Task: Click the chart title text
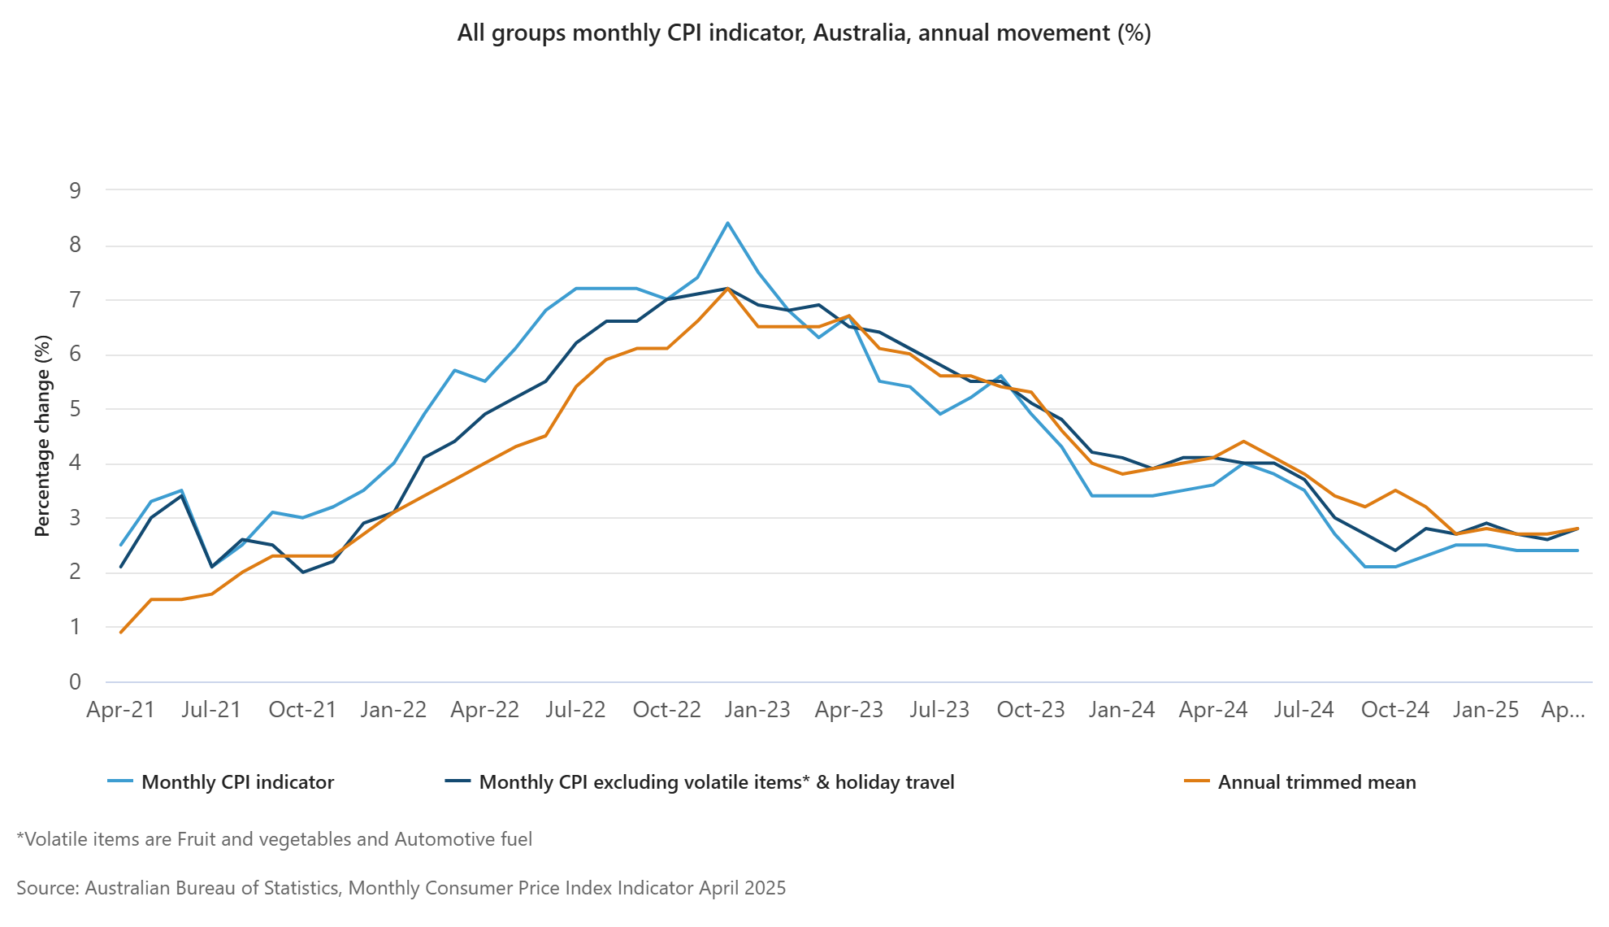pos(804,33)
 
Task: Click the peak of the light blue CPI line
pos(727,223)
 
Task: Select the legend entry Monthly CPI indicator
pos(237,782)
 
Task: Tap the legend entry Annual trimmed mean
pos(1316,782)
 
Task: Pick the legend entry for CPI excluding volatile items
pos(716,782)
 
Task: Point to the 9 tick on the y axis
pos(76,191)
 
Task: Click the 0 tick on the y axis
pos(76,682)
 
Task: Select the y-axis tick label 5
pos(76,409)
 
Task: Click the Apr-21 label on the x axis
pos(120,710)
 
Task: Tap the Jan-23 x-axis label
pos(757,710)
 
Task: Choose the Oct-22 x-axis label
pos(666,710)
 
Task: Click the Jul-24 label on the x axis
pos(1303,710)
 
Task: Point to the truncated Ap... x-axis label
pos(1563,710)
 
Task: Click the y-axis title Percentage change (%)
pos(42,435)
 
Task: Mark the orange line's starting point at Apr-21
pos(121,632)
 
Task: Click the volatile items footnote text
pos(275,839)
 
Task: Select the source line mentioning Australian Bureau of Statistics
pos(401,888)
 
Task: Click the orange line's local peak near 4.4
pos(1243,442)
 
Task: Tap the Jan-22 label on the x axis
pos(393,710)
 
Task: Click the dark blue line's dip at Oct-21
pos(303,572)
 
